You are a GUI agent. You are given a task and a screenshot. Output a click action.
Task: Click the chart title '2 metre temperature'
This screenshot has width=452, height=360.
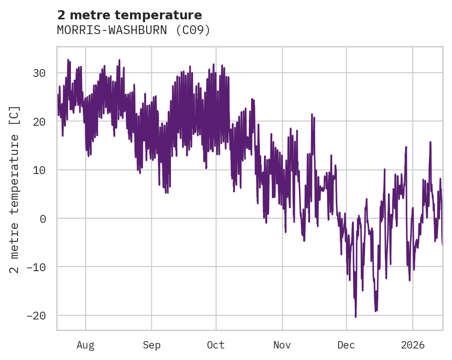click(129, 15)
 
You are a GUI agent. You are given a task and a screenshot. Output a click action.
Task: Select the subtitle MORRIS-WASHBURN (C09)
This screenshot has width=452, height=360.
click(134, 30)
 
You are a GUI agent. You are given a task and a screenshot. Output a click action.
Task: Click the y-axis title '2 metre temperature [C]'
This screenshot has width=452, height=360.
click(15, 189)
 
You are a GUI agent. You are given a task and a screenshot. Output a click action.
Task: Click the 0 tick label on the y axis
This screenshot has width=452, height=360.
click(43, 219)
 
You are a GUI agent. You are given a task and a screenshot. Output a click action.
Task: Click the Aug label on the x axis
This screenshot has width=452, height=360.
click(86, 345)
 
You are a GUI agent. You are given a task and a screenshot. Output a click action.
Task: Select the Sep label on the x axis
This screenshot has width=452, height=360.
click(151, 345)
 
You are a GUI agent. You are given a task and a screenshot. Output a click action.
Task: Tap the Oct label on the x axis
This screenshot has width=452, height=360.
click(216, 345)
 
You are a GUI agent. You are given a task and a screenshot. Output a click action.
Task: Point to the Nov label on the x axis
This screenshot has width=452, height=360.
click(282, 345)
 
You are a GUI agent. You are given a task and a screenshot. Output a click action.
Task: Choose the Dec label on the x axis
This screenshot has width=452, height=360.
click(346, 345)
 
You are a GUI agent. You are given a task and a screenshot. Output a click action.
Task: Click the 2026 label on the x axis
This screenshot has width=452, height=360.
click(412, 345)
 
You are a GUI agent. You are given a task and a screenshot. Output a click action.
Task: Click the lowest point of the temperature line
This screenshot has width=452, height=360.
click(355, 317)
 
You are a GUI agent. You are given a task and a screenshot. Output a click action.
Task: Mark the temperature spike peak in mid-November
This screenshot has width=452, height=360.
click(312, 114)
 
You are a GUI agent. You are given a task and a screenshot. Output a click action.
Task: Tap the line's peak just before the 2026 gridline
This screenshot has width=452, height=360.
click(406, 147)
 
